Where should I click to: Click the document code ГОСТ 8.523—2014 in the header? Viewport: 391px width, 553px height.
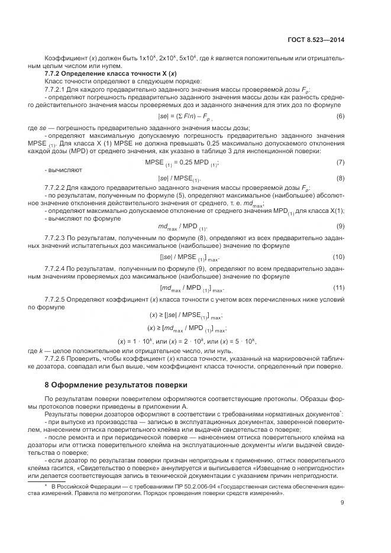point(318,40)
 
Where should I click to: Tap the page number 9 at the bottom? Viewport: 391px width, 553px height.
point(342,503)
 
